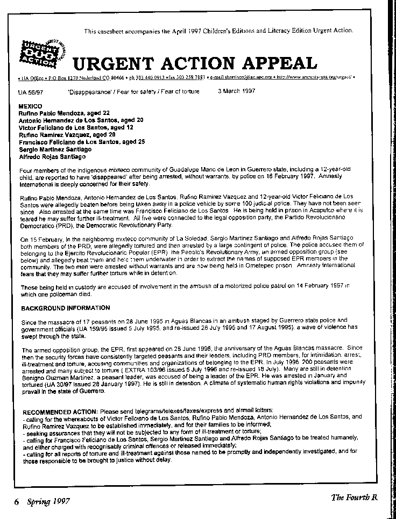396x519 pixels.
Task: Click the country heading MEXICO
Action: click(30, 107)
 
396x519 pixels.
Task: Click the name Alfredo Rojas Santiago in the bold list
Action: click(52, 157)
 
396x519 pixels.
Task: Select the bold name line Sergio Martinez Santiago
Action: click(54, 150)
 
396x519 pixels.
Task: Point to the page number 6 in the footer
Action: click(17, 502)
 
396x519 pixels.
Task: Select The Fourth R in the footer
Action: click(354, 498)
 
